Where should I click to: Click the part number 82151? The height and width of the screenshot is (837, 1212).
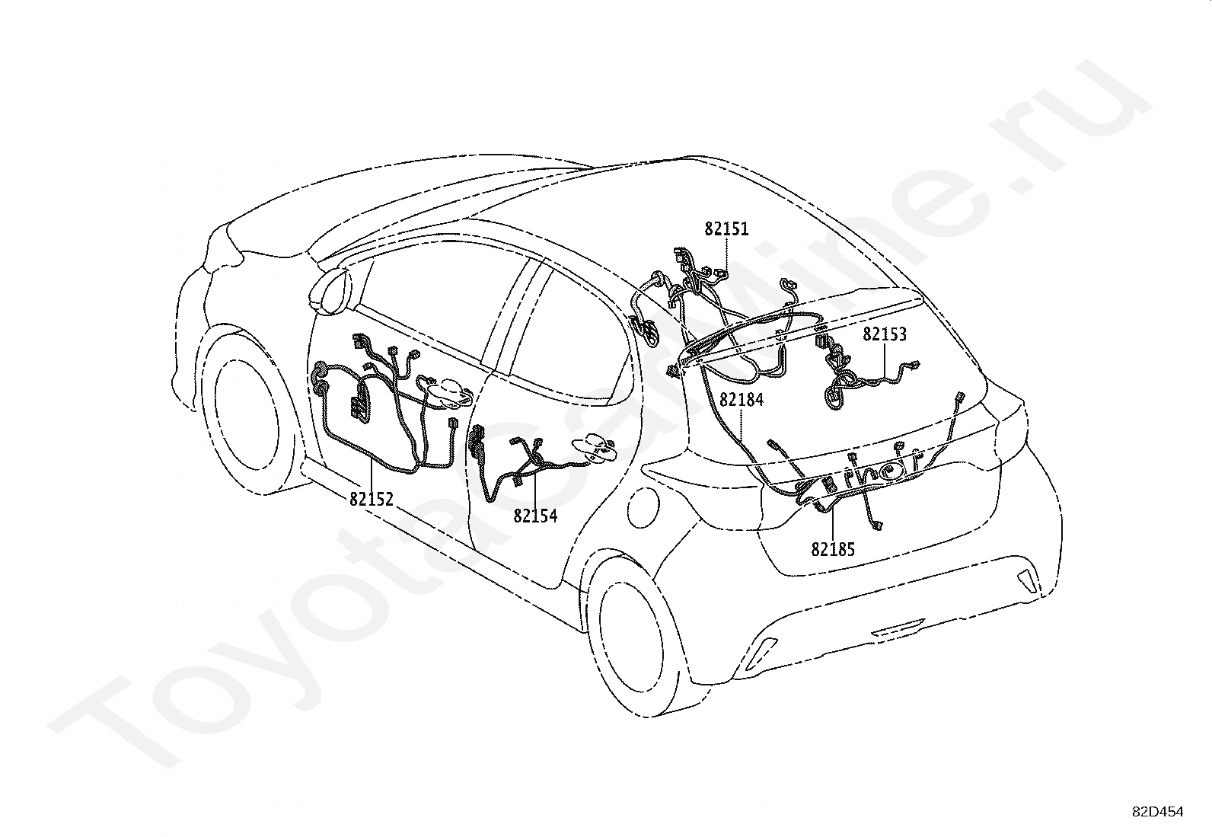(x=726, y=228)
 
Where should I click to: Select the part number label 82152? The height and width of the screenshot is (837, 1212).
(x=372, y=499)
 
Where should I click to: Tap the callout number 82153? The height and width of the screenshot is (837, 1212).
(x=885, y=334)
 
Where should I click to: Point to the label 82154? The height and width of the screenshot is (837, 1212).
(x=535, y=516)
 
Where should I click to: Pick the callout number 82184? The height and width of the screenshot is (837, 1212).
(x=741, y=398)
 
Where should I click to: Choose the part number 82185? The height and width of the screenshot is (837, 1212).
(x=833, y=548)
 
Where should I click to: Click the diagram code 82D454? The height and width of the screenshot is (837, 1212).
(x=1158, y=812)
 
